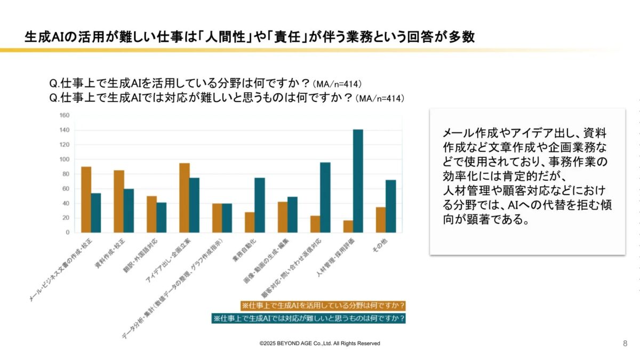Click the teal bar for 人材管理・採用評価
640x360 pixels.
point(358,181)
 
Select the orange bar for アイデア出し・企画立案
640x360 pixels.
point(185,198)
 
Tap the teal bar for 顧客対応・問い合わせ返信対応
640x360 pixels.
point(325,197)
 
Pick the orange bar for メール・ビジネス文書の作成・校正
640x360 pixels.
point(86,199)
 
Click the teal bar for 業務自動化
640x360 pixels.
point(260,205)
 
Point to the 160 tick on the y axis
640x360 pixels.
point(65,115)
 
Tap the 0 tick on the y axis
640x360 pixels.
point(68,233)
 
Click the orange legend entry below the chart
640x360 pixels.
point(323,306)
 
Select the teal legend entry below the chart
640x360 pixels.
point(308,318)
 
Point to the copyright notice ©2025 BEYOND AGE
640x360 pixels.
point(319,343)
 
